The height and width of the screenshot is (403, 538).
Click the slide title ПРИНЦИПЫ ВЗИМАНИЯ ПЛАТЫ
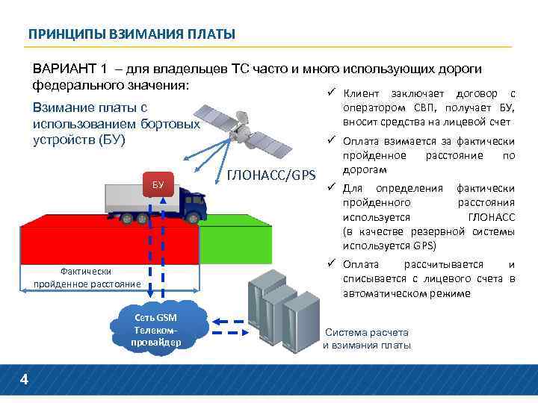(x=132, y=34)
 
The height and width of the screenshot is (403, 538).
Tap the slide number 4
(x=24, y=381)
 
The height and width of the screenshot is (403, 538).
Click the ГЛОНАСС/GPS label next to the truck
(x=270, y=177)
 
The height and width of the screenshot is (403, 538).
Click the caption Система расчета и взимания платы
(x=367, y=339)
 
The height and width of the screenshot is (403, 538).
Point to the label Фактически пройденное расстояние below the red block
(x=87, y=277)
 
